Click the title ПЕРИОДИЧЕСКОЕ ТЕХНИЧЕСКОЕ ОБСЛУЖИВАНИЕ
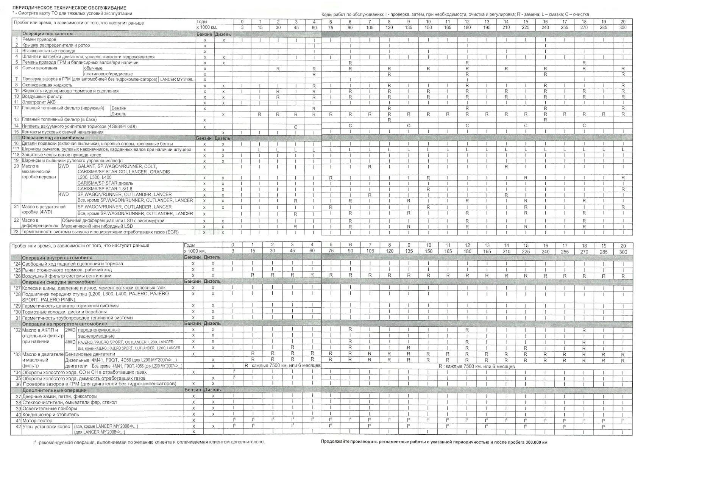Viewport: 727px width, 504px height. point(70,8)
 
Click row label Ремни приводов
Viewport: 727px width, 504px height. point(39,39)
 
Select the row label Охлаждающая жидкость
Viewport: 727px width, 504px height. point(47,85)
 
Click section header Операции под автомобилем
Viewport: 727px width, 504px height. point(53,138)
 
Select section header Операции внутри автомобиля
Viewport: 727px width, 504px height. point(57,258)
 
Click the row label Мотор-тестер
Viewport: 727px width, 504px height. point(37,421)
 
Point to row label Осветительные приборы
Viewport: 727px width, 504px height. point(50,409)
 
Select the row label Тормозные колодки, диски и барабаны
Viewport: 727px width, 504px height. point(64,311)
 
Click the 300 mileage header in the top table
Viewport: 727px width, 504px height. point(623,28)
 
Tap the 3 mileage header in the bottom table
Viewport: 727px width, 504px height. point(233,251)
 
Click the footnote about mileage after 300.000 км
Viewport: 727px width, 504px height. point(434,442)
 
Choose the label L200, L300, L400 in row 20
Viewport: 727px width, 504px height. point(94,177)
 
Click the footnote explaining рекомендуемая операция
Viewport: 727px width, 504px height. point(149,442)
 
